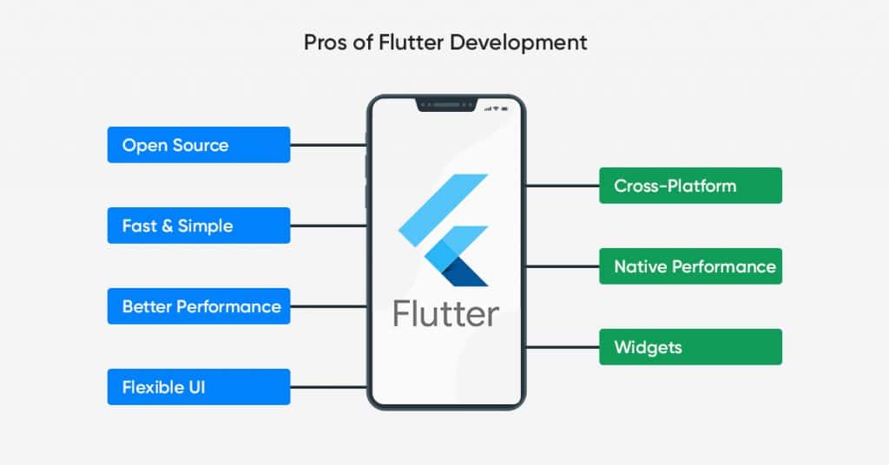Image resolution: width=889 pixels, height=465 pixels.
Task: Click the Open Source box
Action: pyautogui.click(x=199, y=145)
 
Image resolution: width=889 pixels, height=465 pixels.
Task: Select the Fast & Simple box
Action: pyautogui.click(x=199, y=226)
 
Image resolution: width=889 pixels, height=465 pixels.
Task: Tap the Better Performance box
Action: pyautogui.click(x=199, y=306)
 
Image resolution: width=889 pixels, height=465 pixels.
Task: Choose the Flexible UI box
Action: pyautogui.click(x=199, y=387)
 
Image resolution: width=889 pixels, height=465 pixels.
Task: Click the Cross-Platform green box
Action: pyautogui.click(x=690, y=185)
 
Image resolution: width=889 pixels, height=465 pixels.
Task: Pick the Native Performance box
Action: pyautogui.click(x=690, y=266)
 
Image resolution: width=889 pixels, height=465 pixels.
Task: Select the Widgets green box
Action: pyautogui.click(x=690, y=347)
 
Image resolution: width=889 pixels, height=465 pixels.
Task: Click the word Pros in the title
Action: pyautogui.click(x=326, y=43)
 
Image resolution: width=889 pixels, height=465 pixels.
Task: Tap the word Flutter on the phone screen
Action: pyautogui.click(x=446, y=314)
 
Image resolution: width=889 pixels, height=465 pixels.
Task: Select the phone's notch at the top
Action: pyautogui.click(x=446, y=105)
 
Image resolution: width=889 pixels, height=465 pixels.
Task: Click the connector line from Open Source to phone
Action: pyautogui.click(x=329, y=145)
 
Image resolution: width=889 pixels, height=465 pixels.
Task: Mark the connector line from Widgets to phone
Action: pyautogui.click(x=563, y=347)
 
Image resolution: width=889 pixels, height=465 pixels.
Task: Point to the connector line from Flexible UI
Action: pyautogui.click(x=329, y=387)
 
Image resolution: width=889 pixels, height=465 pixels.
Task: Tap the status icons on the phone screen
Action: pyautogui.click(x=496, y=108)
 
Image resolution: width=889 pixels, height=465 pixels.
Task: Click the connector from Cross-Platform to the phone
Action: pyautogui.click(x=563, y=185)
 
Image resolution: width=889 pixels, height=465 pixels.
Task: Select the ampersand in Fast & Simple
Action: pyautogui.click(x=167, y=226)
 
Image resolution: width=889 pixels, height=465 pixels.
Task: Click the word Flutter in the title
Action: pyautogui.click(x=411, y=43)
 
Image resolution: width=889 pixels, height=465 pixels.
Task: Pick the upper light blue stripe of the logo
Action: pyautogui.click(x=444, y=210)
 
